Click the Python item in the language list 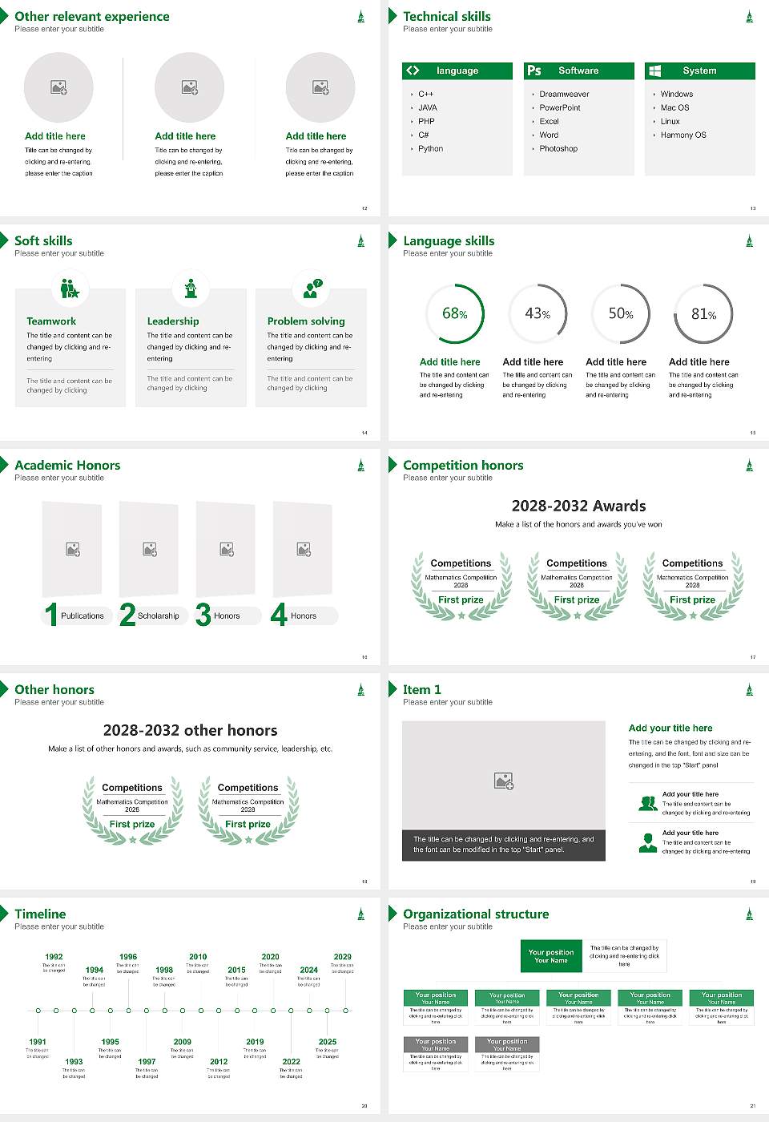[x=430, y=149]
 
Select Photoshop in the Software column [x=558, y=149]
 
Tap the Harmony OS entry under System [x=683, y=135]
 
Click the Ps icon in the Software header [x=534, y=71]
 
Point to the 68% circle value [x=455, y=313]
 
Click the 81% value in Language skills [x=703, y=314]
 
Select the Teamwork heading [x=51, y=321]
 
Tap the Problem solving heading [x=306, y=321]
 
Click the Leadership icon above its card [x=191, y=289]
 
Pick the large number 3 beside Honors [x=203, y=615]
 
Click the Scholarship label [x=159, y=616]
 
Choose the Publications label [x=83, y=616]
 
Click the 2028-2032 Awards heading [x=578, y=506]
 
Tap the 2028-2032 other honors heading [x=191, y=730]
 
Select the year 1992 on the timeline [x=54, y=957]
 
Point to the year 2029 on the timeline [x=343, y=957]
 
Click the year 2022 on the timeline [x=292, y=1062]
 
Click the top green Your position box [x=551, y=956]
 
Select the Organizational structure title [x=476, y=914]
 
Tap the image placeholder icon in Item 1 [x=504, y=780]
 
